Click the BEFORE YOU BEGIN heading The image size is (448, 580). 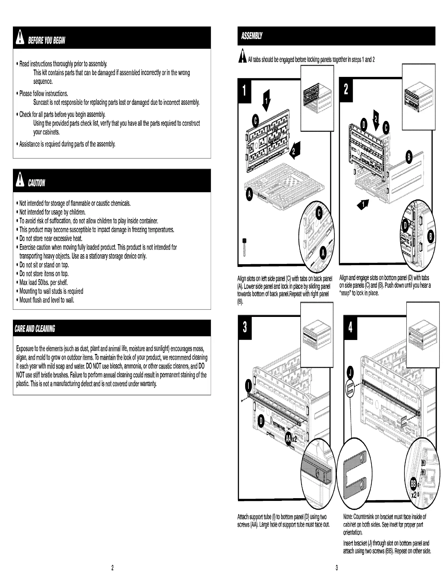click(x=46, y=40)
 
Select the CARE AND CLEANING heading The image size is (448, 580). click(x=35, y=328)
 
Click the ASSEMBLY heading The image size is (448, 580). click(x=251, y=36)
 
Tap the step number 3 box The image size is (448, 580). click(x=245, y=327)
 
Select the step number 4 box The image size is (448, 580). click(x=350, y=328)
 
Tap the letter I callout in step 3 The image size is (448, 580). click(x=248, y=386)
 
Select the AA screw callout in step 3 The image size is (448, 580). click(x=288, y=439)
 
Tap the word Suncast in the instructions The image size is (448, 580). click(x=42, y=102)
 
